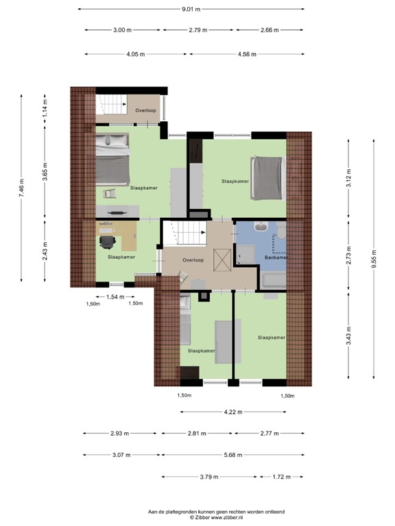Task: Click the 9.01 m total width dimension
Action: coord(191,9)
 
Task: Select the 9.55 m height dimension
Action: coord(374,259)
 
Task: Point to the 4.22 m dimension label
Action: coord(233,412)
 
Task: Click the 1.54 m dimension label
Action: coord(115,297)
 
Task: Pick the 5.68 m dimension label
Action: coord(233,455)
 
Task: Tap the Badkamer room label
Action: coord(276,258)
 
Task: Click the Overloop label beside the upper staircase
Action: coord(146,110)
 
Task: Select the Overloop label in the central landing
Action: coord(193,260)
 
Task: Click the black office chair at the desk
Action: coord(108,242)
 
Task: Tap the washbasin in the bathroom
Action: coord(261,227)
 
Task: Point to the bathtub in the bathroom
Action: coord(274,280)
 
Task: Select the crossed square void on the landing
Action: coord(223,260)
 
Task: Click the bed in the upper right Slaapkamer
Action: coord(268,178)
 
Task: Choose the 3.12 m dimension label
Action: coord(348,179)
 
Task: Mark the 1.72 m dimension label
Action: coord(281,477)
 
